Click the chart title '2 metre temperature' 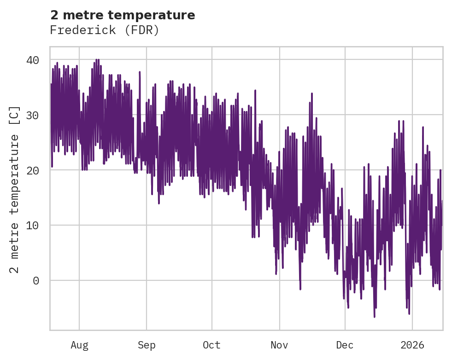coord(123,15)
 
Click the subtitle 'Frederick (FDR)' coord(105,30)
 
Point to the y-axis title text coord(15,189)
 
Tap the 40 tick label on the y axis coord(32,60)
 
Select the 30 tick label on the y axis coord(32,115)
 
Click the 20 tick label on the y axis coord(32,170)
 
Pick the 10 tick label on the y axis coord(32,225)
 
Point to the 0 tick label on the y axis coord(36,280)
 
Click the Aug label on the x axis coord(79,345)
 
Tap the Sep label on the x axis coord(147,345)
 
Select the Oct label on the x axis coord(212,345)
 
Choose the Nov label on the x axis coord(279,345)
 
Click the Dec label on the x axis coord(345,345)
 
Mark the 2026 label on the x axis coord(412,345)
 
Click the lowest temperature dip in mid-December coord(374,316)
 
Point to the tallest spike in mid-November coord(312,94)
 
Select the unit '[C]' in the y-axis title coord(15,116)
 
